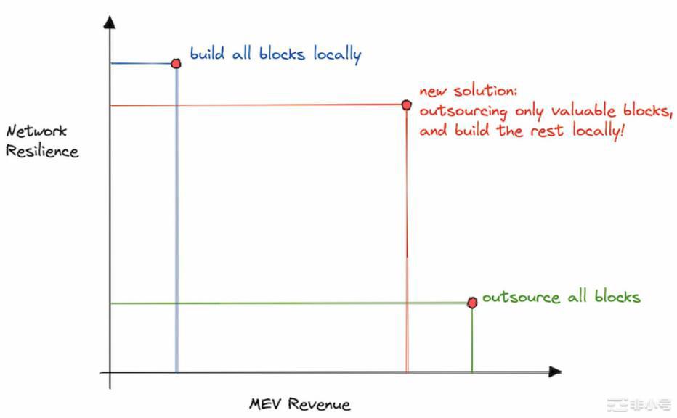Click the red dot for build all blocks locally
point(176,64)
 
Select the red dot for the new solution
point(406,104)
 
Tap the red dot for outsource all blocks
point(472,303)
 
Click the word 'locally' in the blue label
point(337,54)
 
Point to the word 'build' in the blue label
point(208,54)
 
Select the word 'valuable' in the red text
point(583,110)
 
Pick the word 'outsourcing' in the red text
point(463,112)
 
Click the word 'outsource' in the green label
point(521,298)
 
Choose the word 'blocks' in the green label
point(617,296)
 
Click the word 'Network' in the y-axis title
point(37,131)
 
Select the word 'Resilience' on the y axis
point(42,151)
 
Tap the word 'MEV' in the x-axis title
point(265,403)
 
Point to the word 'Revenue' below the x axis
point(319,404)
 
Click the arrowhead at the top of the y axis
point(110,22)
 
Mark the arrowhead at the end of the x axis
point(555,372)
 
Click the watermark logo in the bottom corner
point(639,406)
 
